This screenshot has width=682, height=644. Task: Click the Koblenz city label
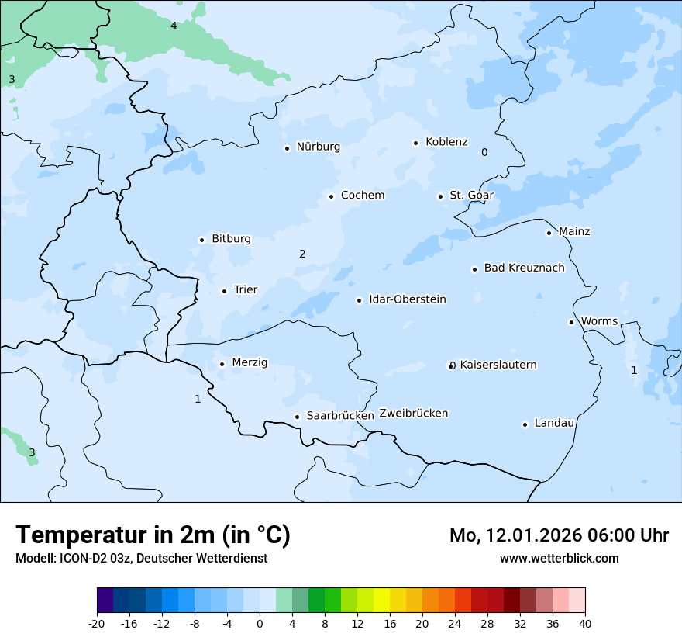point(446,142)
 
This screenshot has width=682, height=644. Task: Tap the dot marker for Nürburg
point(287,148)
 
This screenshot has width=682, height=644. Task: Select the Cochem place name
point(362,196)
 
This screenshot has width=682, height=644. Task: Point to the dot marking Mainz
point(549,233)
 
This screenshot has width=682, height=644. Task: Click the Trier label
point(245,290)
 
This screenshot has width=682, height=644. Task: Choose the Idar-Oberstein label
point(407,299)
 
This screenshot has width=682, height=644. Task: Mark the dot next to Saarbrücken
point(297,417)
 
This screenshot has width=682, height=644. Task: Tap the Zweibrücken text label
point(413,414)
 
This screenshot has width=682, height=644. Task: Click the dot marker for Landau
point(525,424)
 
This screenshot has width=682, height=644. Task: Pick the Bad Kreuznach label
point(524,268)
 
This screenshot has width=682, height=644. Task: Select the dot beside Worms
point(571,322)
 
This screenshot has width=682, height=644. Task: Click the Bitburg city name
point(231,239)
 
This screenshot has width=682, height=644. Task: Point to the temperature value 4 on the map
point(174,26)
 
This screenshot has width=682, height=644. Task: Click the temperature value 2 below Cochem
point(302,254)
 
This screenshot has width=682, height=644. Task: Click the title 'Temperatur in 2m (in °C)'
point(153,535)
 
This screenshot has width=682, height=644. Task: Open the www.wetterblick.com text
point(559,558)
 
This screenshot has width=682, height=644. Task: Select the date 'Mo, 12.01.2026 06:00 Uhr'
point(559,535)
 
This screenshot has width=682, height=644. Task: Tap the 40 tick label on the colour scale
point(585,623)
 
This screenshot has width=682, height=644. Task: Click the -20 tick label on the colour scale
point(97,623)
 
